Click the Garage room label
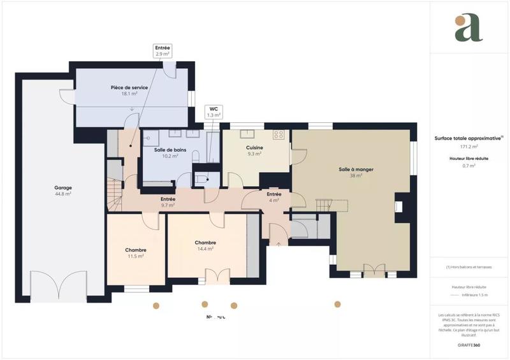pyautogui.click(x=62, y=188)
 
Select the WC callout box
pyautogui.click(x=214, y=112)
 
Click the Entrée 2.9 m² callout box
pyautogui.click(x=163, y=51)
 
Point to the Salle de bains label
pyautogui.click(x=170, y=150)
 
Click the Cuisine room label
pyautogui.click(x=255, y=148)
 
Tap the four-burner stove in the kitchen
pyautogui.click(x=278, y=134)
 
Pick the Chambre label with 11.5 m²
pyautogui.click(x=136, y=250)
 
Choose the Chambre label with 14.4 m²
pyautogui.click(x=205, y=243)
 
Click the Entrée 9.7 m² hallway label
pyautogui.click(x=168, y=199)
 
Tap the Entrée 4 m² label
pyautogui.click(x=274, y=194)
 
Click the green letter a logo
pyautogui.click(x=469, y=27)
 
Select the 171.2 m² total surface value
pyautogui.click(x=470, y=147)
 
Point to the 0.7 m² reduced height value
pyautogui.click(x=470, y=166)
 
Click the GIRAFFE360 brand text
pyautogui.click(x=470, y=344)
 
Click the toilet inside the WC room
pyautogui.click(x=201, y=180)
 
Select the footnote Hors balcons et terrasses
pyautogui.click(x=470, y=267)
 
